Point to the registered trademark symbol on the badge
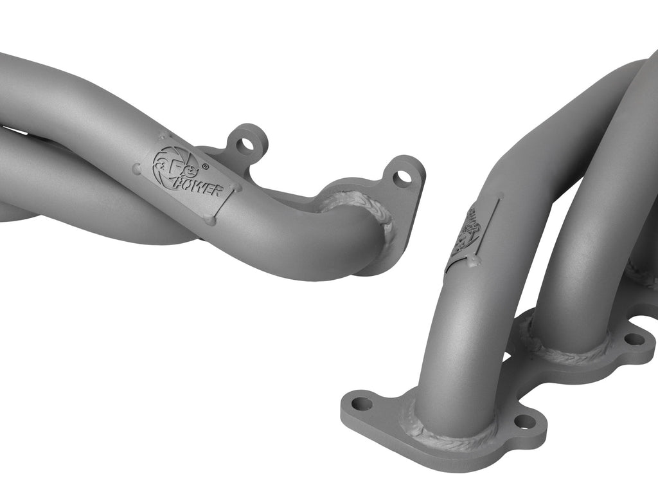205,166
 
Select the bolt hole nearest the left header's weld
403,176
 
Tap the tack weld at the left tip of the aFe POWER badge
137,169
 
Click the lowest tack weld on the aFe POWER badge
209,220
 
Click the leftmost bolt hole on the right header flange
362,404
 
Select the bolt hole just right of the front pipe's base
525,421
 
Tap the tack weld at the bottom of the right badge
476,261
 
